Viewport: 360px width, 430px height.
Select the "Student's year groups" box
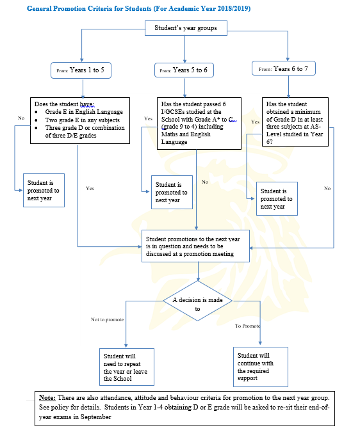point(185,28)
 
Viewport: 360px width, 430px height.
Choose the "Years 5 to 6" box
point(185,70)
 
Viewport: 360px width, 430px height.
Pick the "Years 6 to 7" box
point(286,68)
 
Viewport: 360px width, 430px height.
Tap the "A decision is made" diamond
point(197,303)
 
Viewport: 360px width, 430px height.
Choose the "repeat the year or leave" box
point(126,367)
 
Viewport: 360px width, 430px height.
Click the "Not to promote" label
point(107,319)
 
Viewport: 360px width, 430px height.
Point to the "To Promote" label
point(248,326)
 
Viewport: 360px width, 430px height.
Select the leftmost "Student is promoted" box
point(44,190)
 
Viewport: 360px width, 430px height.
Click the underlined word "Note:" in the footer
point(48,397)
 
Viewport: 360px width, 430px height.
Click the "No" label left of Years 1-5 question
point(21,118)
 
